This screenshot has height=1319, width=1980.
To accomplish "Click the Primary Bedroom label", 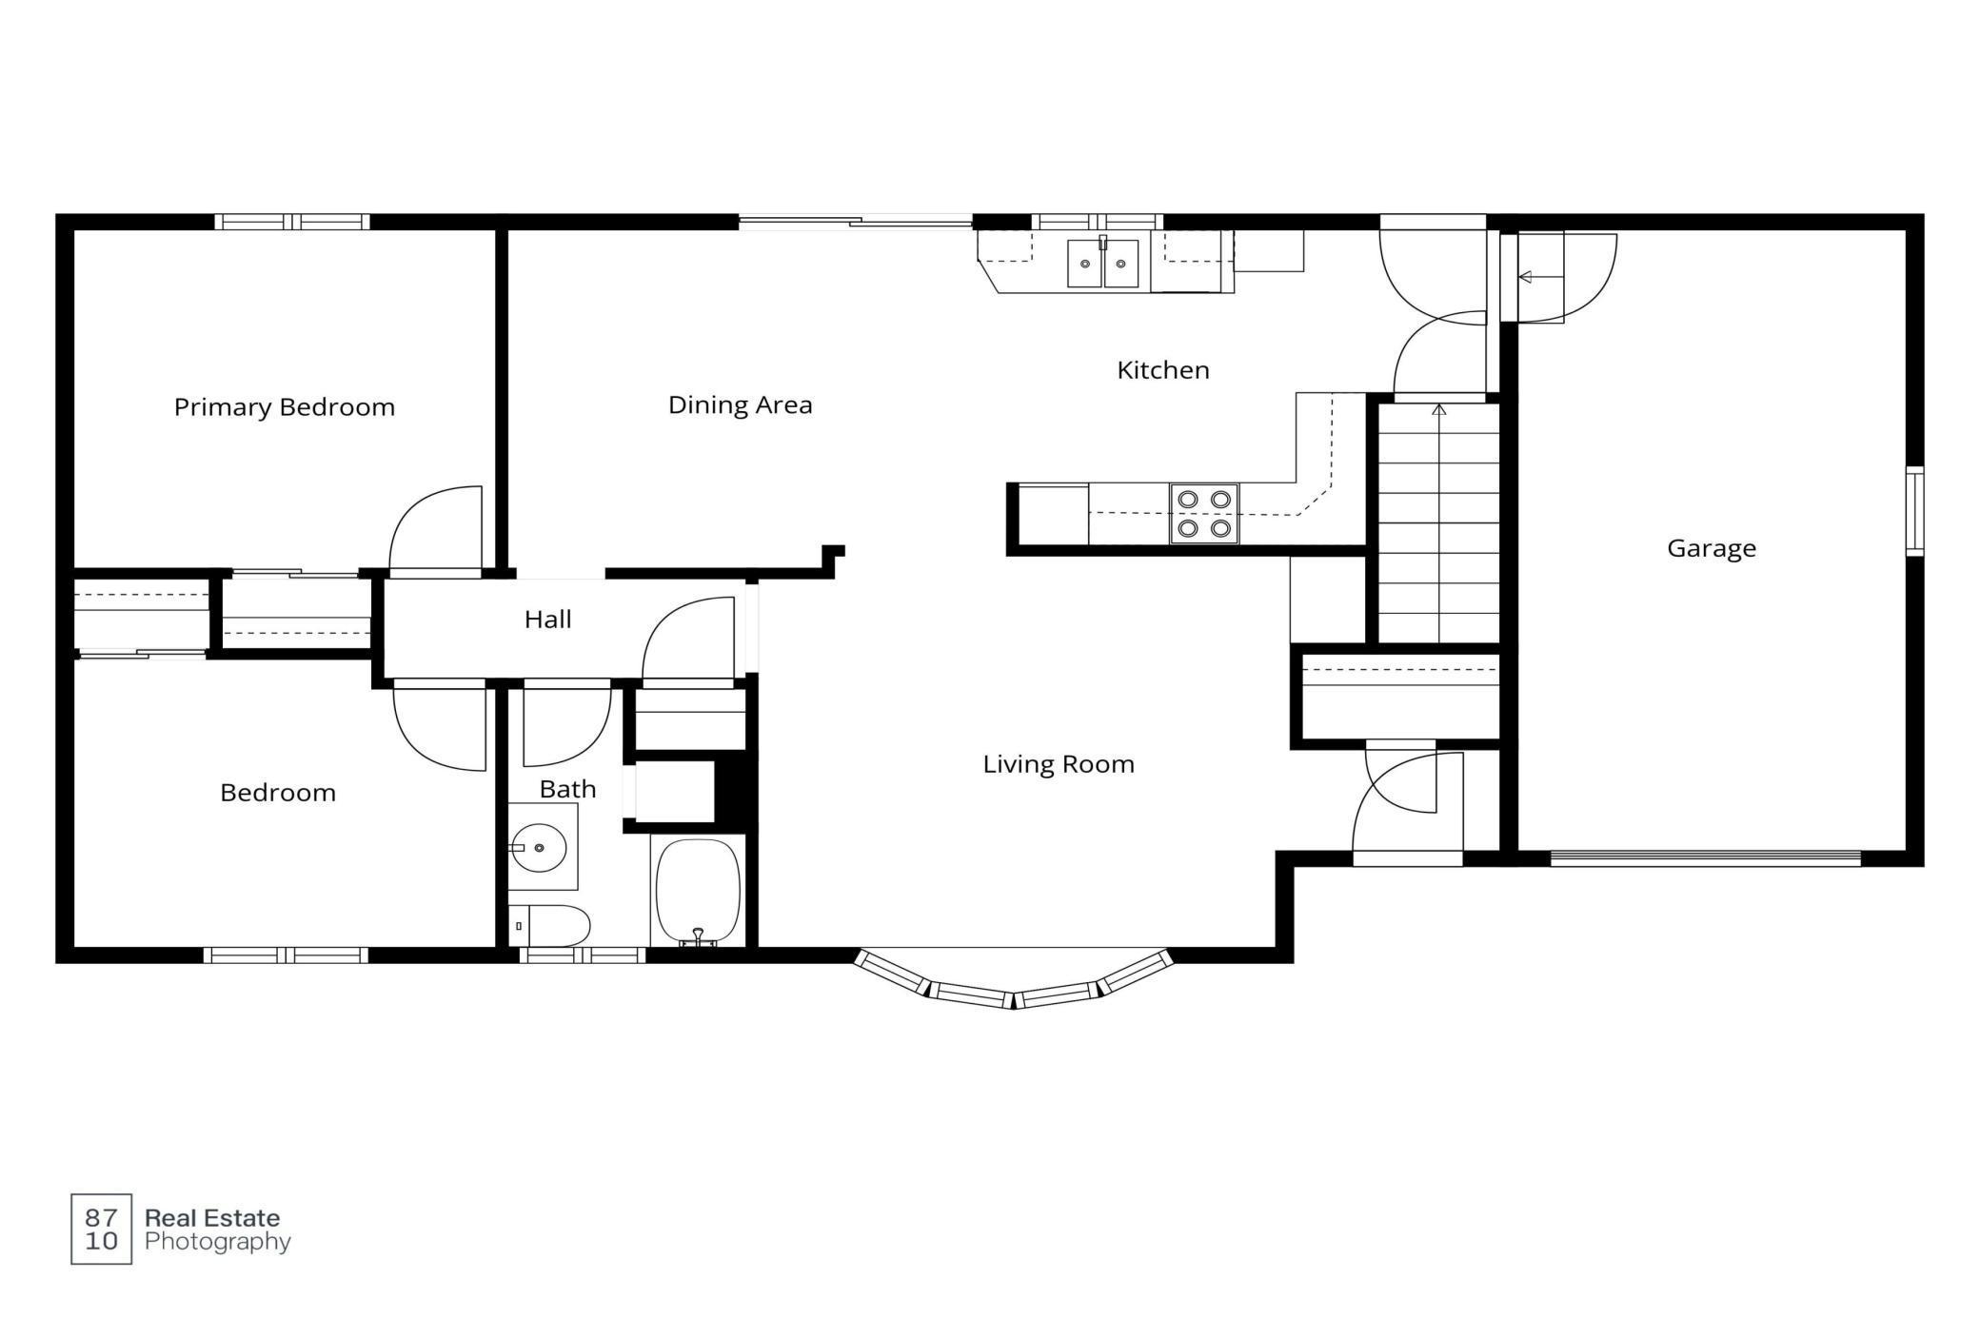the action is tap(284, 407).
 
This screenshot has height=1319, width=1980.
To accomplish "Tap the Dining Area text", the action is tap(740, 405).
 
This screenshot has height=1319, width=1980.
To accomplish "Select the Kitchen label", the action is tap(1162, 370).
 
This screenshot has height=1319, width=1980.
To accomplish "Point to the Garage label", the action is tap(1711, 548).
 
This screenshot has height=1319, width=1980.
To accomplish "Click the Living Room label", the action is tap(1059, 764).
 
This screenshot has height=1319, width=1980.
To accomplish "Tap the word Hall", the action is tap(547, 620).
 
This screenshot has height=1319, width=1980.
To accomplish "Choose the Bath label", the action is tap(567, 789).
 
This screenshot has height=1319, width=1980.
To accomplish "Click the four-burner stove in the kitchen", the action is tap(1204, 514).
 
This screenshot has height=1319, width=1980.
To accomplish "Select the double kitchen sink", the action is tap(1102, 263).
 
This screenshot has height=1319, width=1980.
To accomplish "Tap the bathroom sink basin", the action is tap(539, 847).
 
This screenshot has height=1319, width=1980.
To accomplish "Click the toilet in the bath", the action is tap(549, 925).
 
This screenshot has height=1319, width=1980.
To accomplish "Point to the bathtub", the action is tap(698, 893).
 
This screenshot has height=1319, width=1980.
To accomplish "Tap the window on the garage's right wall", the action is tap(1914, 511).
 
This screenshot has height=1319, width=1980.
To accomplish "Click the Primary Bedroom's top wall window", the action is tap(291, 222).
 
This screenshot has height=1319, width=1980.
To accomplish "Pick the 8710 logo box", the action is tap(102, 1229).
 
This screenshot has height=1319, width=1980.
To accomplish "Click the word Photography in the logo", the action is tap(218, 1242).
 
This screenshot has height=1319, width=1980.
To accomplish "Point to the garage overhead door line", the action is tap(1705, 858).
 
